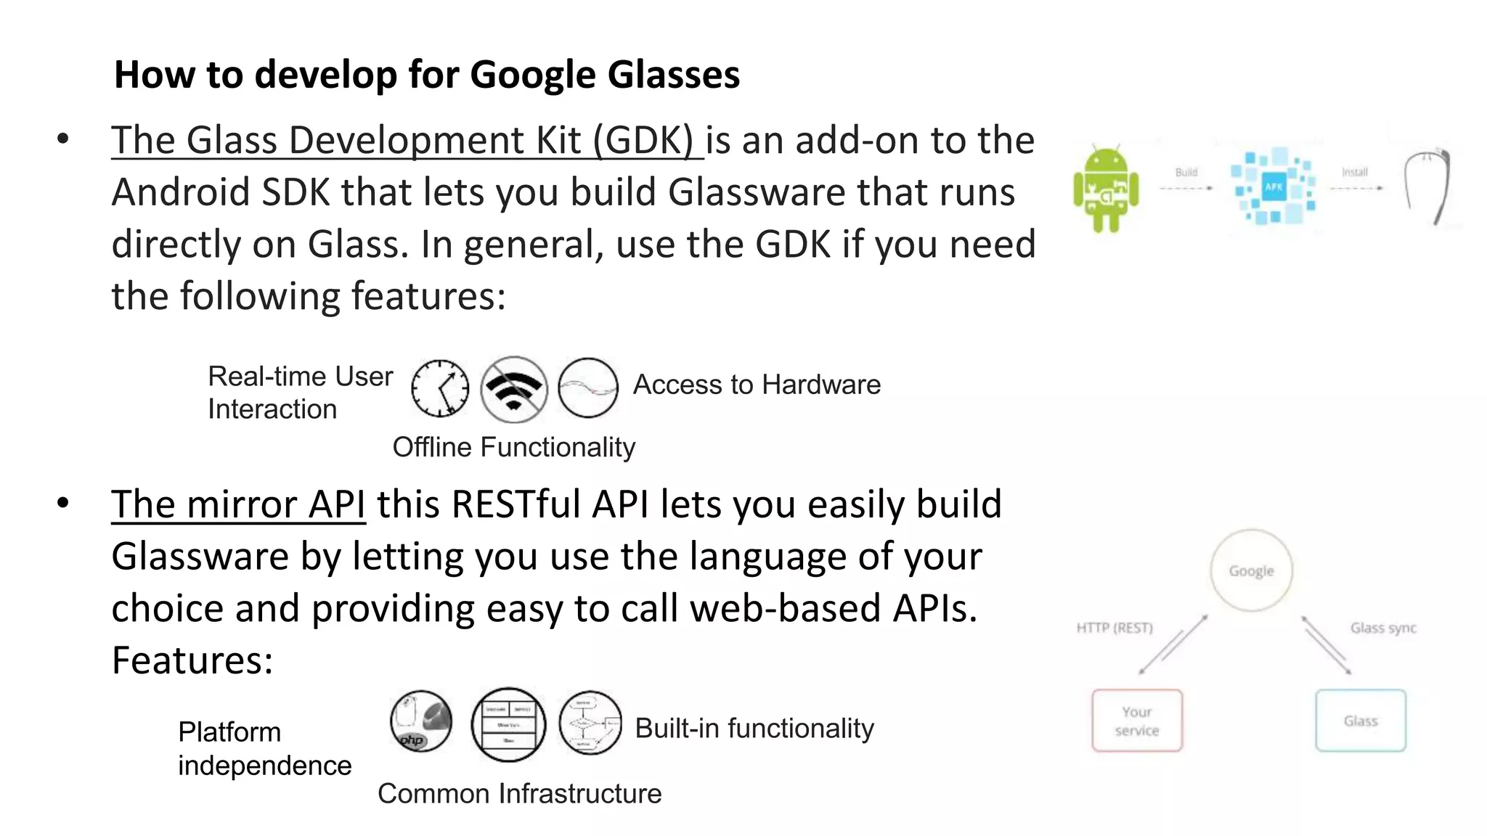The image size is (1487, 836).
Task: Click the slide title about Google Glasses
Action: pos(427,74)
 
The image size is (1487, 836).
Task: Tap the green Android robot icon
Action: pos(1106,189)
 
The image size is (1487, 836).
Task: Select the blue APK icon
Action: pos(1274,187)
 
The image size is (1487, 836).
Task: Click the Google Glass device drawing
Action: pos(1426,187)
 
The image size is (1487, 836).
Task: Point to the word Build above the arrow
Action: pos(1186,172)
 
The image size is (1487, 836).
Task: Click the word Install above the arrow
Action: pos(1354,172)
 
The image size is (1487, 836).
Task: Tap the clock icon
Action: pos(440,388)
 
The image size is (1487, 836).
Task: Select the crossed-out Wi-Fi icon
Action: pos(514,389)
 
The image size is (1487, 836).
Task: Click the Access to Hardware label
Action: pos(757,385)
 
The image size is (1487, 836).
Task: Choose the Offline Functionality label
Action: pos(513,447)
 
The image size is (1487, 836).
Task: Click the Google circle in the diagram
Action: pos(1251,571)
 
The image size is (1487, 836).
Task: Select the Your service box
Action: pos(1137,721)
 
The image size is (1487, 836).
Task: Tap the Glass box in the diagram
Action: pos(1360,721)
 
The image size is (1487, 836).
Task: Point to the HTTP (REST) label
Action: pos(1115,628)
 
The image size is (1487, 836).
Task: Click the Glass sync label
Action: pos(1383,628)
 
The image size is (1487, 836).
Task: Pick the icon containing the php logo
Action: pos(421,721)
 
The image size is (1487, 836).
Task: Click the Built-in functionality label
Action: pos(754,728)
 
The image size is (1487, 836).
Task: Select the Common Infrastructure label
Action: pos(519,793)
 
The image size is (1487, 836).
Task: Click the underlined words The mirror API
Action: pos(238,504)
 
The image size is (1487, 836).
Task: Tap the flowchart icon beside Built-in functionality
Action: pos(590,723)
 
